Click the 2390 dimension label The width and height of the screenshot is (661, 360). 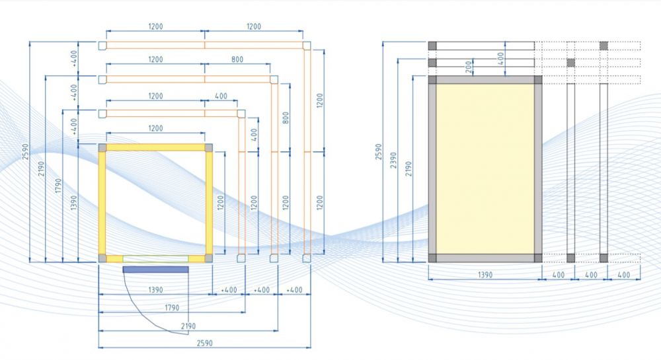coord(393,161)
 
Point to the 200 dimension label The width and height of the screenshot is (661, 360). coord(469,67)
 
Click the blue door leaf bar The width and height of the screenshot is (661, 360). coord(155,270)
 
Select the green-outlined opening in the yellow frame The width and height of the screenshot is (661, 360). coord(155,258)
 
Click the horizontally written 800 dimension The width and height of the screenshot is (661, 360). coord(237,59)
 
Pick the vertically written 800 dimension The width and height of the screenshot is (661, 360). coord(286,118)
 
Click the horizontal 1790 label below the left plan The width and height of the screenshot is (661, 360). coord(172,308)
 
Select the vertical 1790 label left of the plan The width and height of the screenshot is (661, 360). coord(58,186)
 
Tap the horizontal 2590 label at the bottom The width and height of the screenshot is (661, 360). coord(204,343)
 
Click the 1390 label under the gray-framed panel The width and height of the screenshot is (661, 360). coord(485,275)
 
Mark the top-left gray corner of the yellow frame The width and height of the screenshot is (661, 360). coord(102,147)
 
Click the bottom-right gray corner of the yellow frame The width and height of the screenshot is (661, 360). coord(208,258)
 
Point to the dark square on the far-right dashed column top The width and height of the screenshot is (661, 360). coord(603,46)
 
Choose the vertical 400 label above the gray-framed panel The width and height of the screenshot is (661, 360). coord(500,59)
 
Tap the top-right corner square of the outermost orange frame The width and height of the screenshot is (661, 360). coord(307,46)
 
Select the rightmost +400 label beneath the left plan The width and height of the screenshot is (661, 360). coord(294,290)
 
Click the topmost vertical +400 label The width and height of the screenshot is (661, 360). coord(74,59)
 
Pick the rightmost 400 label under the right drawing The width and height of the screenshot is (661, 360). coord(623,275)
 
